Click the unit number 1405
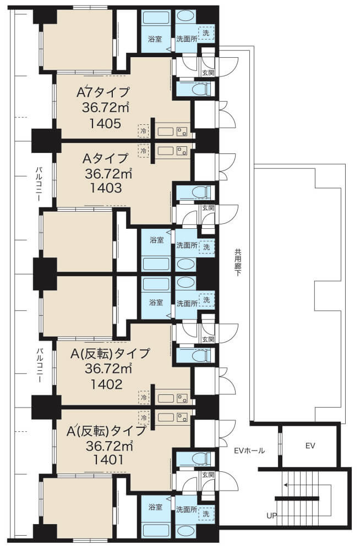(x=105, y=123)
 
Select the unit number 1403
(x=106, y=188)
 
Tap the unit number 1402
(x=107, y=384)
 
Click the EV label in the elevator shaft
(x=310, y=446)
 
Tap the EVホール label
(x=249, y=451)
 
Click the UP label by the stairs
(x=271, y=516)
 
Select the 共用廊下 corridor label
(x=238, y=262)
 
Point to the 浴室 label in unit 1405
(x=155, y=39)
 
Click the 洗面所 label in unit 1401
(x=187, y=510)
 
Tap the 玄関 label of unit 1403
(x=208, y=208)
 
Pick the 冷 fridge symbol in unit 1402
(x=144, y=398)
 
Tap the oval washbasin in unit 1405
(x=185, y=16)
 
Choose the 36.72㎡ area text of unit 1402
(x=108, y=369)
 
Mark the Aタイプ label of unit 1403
(x=105, y=158)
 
